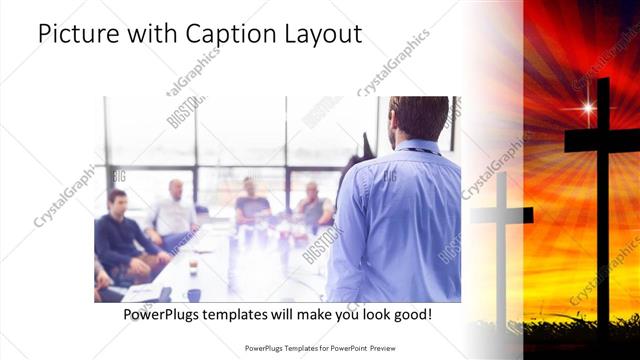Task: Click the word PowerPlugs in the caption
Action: tap(163, 315)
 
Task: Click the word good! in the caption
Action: tap(411, 315)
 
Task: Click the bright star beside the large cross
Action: tap(587, 107)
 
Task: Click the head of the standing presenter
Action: tap(418, 118)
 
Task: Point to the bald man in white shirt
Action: tap(175, 210)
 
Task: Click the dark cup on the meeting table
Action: tap(193, 294)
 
